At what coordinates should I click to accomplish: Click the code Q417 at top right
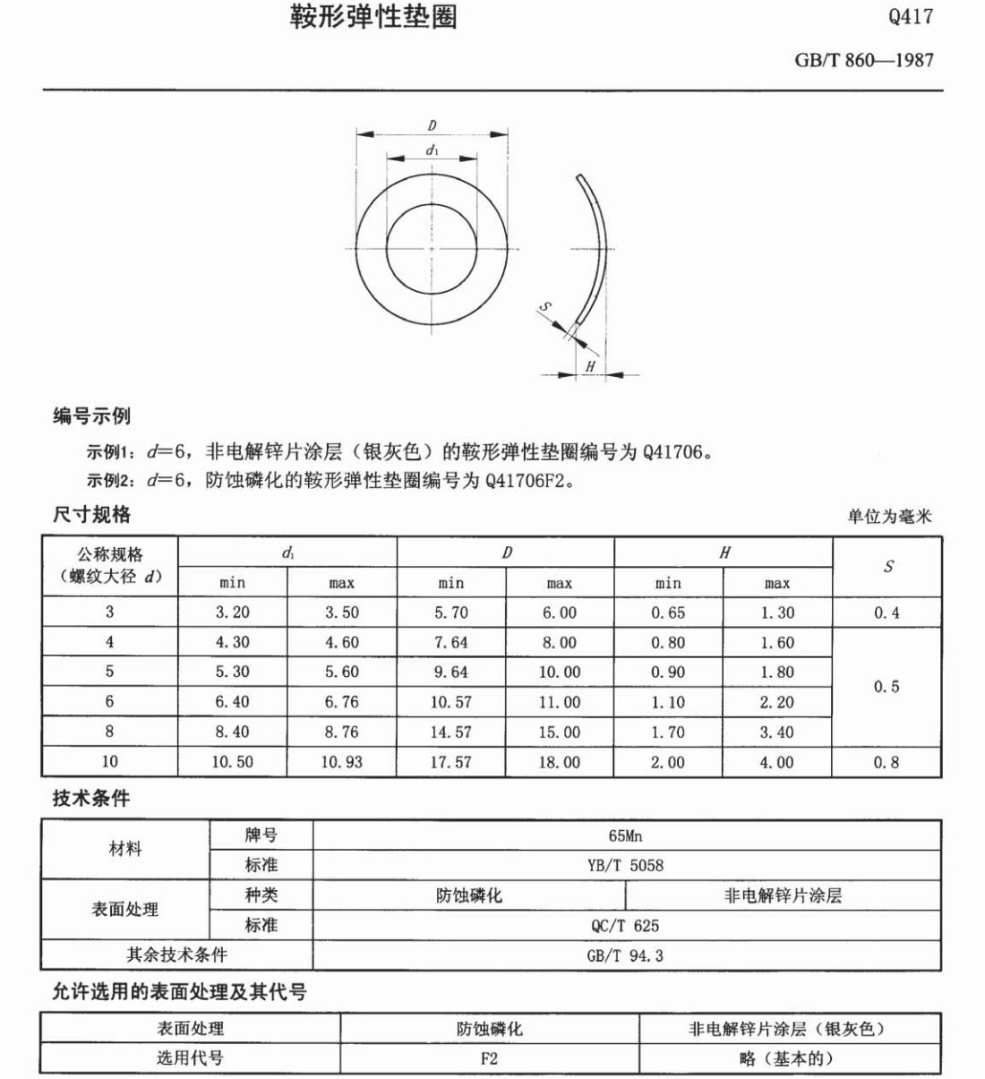tap(910, 16)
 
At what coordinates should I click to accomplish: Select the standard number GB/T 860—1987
tap(863, 60)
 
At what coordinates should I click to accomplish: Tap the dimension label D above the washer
tap(432, 126)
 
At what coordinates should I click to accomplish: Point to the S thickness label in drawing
tap(544, 307)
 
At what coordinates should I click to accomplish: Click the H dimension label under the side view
tap(590, 366)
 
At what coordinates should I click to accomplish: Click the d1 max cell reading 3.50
tap(341, 612)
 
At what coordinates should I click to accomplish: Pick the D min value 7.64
tap(450, 642)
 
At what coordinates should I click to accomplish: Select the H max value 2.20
tap(776, 702)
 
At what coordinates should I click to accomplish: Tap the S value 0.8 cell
tap(886, 762)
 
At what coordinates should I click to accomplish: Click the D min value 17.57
tap(450, 762)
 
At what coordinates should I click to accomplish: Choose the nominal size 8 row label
tap(109, 732)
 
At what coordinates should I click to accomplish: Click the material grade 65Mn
tap(625, 835)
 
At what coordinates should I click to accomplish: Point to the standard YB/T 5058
tap(625, 865)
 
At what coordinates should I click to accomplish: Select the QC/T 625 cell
tap(625, 925)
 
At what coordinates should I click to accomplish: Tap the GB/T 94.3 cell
tap(625, 955)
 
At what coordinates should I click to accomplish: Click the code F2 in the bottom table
tap(489, 1058)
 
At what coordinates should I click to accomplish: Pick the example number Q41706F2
tap(528, 481)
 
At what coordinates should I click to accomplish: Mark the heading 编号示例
tap(91, 416)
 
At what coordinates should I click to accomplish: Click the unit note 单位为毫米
tap(889, 517)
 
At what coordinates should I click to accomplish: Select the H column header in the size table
tap(724, 552)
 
